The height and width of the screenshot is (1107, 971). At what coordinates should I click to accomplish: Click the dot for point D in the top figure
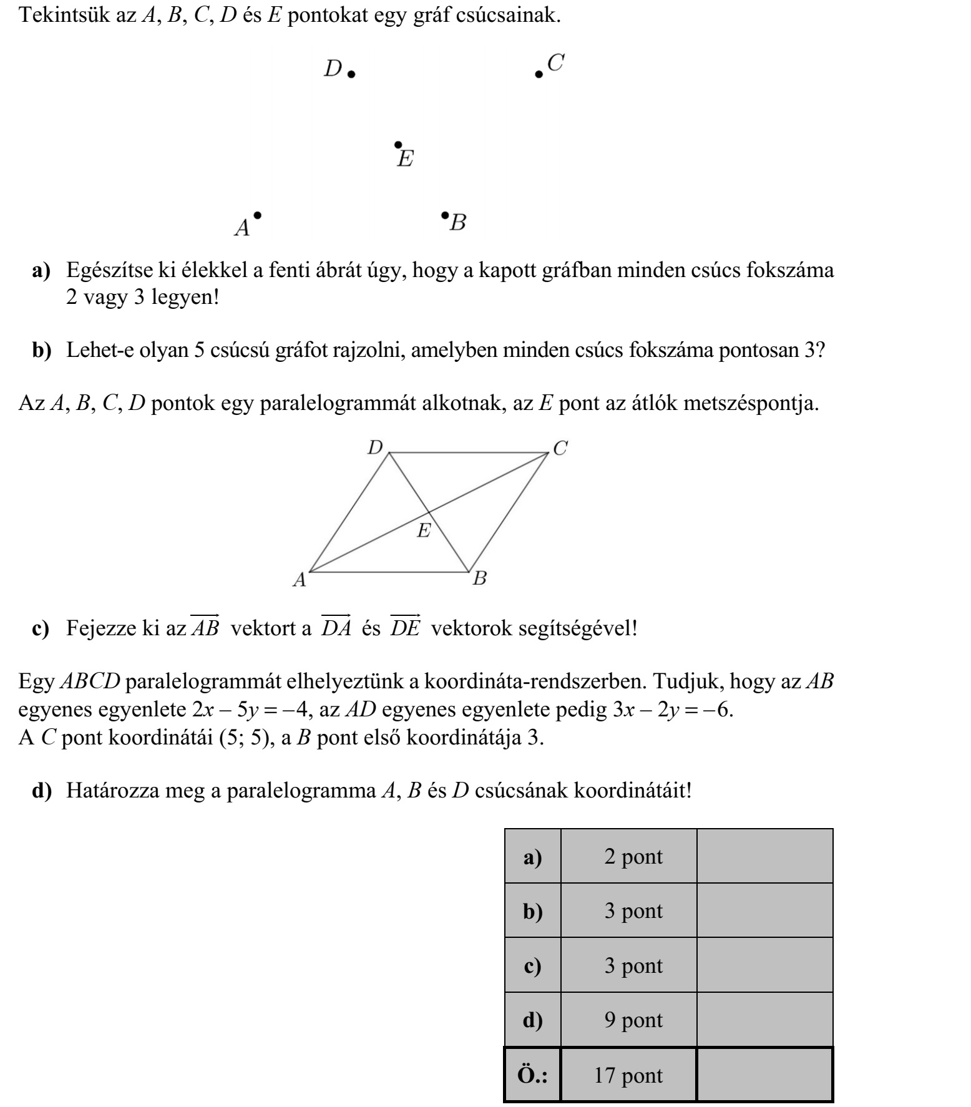pos(351,74)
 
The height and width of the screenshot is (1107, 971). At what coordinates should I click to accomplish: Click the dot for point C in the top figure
pos(539,74)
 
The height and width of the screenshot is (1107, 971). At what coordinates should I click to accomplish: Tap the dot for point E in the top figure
pos(398,145)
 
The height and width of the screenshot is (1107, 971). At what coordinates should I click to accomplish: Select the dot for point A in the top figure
pos(257,215)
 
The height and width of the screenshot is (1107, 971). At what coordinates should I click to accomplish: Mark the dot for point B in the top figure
pos(444,216)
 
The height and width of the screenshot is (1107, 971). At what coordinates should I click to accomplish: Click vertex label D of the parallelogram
pos(374,447)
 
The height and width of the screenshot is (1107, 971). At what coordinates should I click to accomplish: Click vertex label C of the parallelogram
pos(560,447)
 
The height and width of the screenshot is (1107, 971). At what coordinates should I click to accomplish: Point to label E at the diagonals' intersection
pos(424,531)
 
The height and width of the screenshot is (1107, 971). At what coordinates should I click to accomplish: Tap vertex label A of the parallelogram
pos(300,580)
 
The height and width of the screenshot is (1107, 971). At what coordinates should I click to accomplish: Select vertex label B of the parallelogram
pos(479,578)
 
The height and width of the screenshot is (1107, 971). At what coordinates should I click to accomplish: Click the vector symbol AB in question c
pos(205,626)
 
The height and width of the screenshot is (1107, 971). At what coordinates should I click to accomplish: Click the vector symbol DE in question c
pos(406,626)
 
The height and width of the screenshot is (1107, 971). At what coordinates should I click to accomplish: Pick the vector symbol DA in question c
pos(336,626)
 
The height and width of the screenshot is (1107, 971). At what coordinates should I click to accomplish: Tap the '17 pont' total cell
pos(628,1075)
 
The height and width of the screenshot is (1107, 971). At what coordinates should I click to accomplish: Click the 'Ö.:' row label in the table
pos(532,1075)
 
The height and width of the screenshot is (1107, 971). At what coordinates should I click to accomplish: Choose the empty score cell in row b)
pos(764,910)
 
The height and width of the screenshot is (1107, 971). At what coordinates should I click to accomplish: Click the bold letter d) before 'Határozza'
pos(42,791)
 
